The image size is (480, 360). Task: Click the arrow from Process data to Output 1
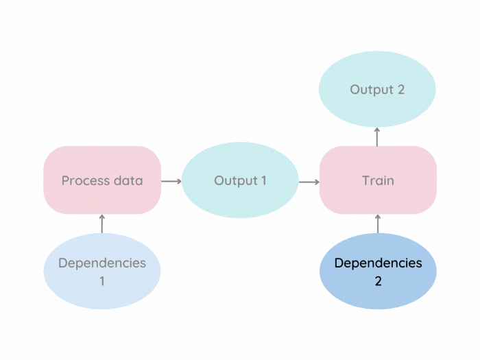coord(171,181)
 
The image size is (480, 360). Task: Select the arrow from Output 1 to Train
coord(309,182)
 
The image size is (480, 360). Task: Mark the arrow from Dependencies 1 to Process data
coord(102,224)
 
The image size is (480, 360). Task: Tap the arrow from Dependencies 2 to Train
coord(378,224)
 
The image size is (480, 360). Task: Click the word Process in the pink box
coord(86,181)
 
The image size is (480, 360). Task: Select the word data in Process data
coord(128,181)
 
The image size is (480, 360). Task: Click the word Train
coord(378,181)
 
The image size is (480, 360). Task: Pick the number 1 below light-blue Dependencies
coord(102,280)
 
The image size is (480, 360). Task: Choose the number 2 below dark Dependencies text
coord(378,280)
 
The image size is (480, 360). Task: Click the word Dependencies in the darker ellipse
coord(378,263)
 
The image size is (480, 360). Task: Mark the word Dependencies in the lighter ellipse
coord(102,263)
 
